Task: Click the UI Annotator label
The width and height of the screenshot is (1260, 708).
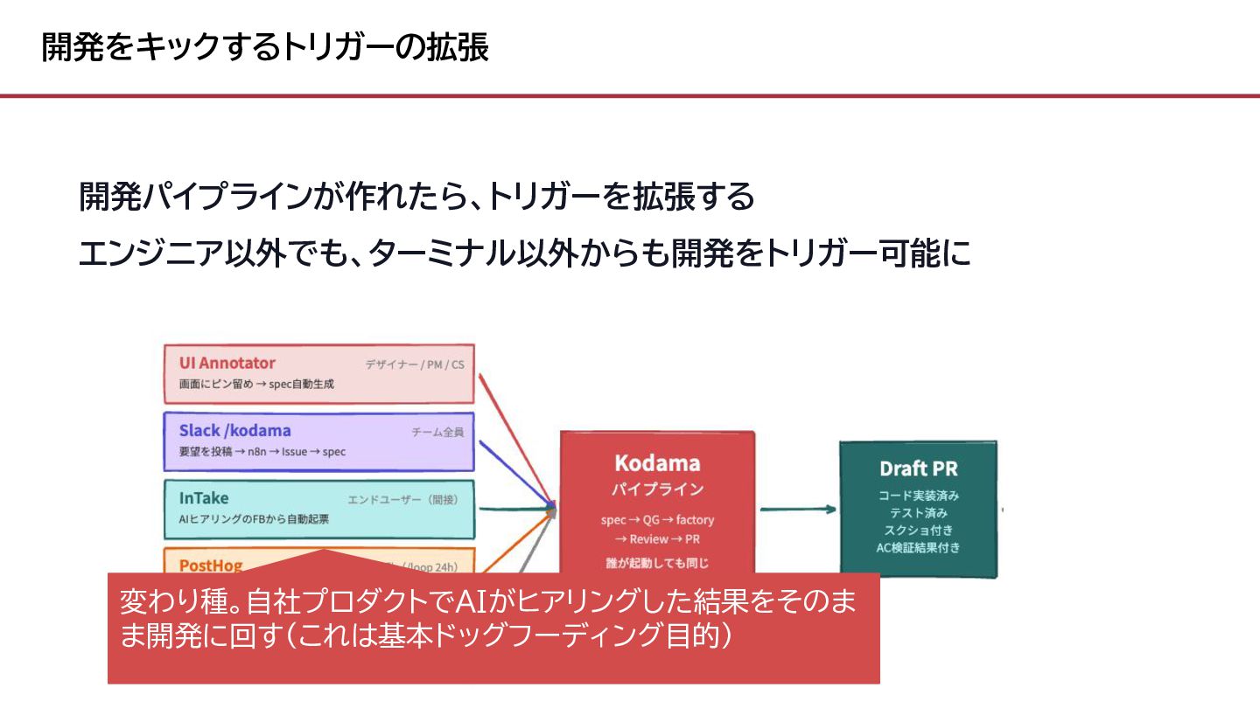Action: click(227, 363)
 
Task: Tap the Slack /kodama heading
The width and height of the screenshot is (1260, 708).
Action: click(234, 430)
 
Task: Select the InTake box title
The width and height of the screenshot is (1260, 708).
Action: click(204, 498)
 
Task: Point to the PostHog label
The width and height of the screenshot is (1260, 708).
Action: click(211, 565)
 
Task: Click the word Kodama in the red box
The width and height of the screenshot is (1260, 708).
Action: click(656, 463)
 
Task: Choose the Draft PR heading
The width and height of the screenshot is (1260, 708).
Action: click(918, 469)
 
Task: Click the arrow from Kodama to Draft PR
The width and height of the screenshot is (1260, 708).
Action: click(797, 509)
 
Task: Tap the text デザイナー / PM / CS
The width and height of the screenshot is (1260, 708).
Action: click(415, 364)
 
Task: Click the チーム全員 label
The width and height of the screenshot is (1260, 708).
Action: click(437, 432)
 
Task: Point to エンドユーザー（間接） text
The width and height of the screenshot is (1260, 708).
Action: click(402, 500)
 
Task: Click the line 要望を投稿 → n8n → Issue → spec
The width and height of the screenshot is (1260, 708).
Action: click(262, 452)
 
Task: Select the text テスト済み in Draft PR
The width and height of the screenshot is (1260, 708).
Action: click(918, 513)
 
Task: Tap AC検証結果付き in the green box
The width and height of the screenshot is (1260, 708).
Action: click(918, 548)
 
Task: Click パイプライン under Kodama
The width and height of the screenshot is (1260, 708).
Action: click(656, 489)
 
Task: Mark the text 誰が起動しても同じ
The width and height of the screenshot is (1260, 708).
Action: click(656, 563)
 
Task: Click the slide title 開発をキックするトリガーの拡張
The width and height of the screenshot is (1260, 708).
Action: click(265, 47)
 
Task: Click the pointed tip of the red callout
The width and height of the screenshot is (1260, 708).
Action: click(324, 551)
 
